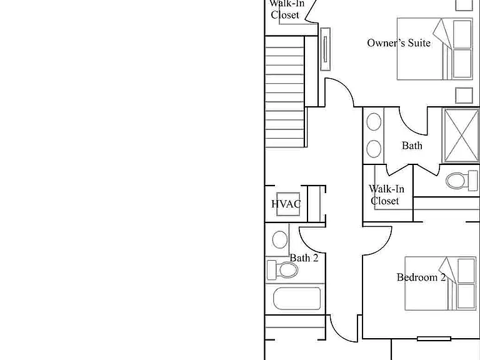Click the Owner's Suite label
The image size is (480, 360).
tap(399, 43)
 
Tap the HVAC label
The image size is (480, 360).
tap(286, 204)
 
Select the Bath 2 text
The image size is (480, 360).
tap(304, 258)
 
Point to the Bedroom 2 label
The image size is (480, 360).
tap(421, 277)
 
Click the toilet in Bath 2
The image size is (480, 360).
tap(282, 270)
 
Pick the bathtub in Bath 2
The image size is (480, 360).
tap(297, 298)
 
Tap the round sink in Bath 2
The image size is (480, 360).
tap(280, 239)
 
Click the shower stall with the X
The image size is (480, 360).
tap(461, 135)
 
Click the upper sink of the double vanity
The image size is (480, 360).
tap(374, 121)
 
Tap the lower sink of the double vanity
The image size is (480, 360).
tap(374, 149)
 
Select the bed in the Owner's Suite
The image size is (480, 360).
tap(435, 49)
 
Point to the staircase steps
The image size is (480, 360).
tap(285, 92)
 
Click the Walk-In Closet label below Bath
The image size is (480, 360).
tap(386, 195)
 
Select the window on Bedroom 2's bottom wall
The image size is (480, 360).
tap(434, 339)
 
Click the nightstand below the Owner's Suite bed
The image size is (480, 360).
tap(464, 96)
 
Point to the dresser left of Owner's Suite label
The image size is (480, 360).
tap(325, 49)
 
